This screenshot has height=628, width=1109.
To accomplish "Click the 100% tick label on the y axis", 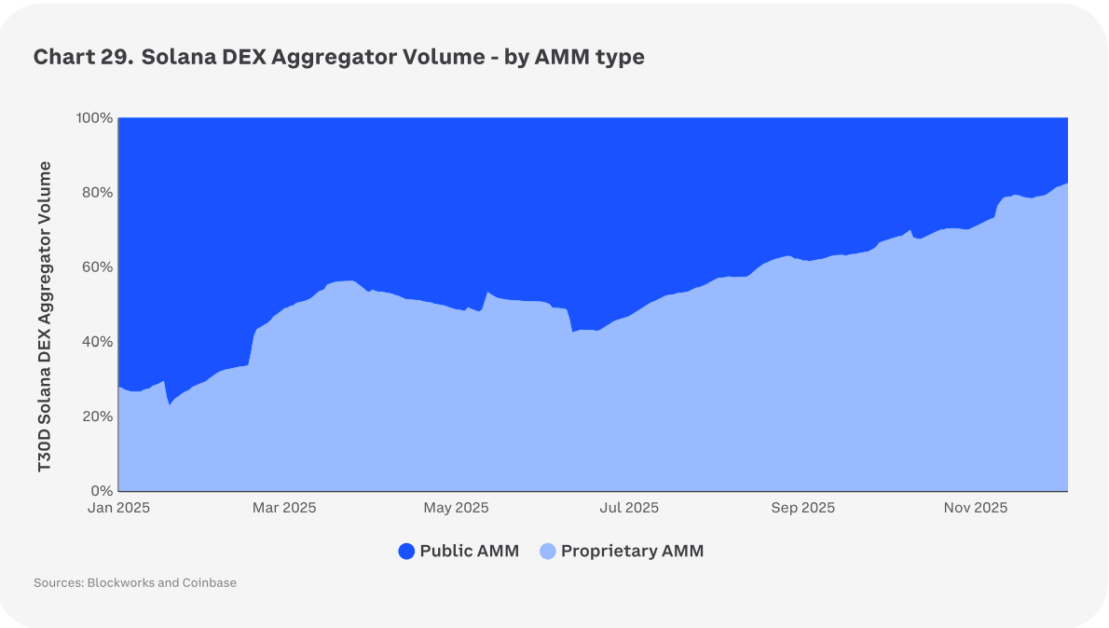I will (94, 118).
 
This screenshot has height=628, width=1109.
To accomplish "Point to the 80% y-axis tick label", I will (97, 193).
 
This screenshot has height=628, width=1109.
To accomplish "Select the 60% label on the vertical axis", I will (97, 267).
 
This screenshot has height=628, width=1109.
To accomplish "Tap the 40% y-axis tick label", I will (97, 342).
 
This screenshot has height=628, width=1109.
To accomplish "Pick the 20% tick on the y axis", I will (97, 416).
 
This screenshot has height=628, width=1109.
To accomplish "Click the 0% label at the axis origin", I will (102, 491).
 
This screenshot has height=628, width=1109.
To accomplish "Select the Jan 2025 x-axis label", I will (119, 508).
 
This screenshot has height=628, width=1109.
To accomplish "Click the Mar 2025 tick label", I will (284, 508).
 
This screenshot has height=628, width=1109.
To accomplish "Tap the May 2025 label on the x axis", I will (457, 508).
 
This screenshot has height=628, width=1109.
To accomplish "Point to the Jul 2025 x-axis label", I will (628, 508).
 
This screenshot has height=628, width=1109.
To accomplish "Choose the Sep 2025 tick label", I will (803, 508).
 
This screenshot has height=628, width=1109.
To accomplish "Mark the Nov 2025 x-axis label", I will (976, 508).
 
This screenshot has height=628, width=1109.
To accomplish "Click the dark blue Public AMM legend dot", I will (406, 552).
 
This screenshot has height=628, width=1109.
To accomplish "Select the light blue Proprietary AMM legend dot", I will (548, 552).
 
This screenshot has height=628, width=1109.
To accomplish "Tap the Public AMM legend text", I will (469, 551).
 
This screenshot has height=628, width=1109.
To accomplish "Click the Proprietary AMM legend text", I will (632, 551).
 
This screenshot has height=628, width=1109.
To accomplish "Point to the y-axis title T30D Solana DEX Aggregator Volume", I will (45, 317).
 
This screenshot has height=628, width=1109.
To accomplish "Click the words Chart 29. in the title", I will (83, 57).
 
